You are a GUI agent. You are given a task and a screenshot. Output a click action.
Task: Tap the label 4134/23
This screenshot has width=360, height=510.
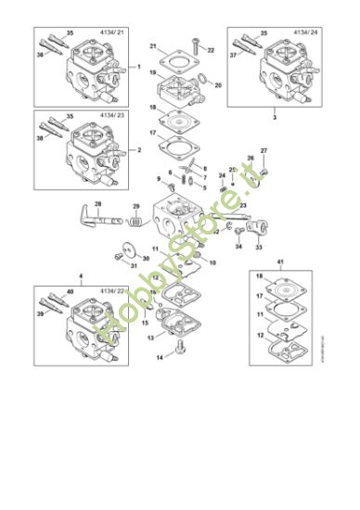pos(111,118)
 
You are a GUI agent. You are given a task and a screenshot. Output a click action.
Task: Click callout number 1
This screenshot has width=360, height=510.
pos(138,68)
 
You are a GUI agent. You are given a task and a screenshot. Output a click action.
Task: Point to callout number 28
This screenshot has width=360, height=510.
pos(97,202)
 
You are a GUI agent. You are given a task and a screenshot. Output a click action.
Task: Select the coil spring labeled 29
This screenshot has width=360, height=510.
pos(135,222)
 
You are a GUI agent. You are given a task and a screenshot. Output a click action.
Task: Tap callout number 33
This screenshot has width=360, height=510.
pos(258,248)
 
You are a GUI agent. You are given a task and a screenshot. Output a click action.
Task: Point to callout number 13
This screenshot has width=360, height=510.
pos(150,338)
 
